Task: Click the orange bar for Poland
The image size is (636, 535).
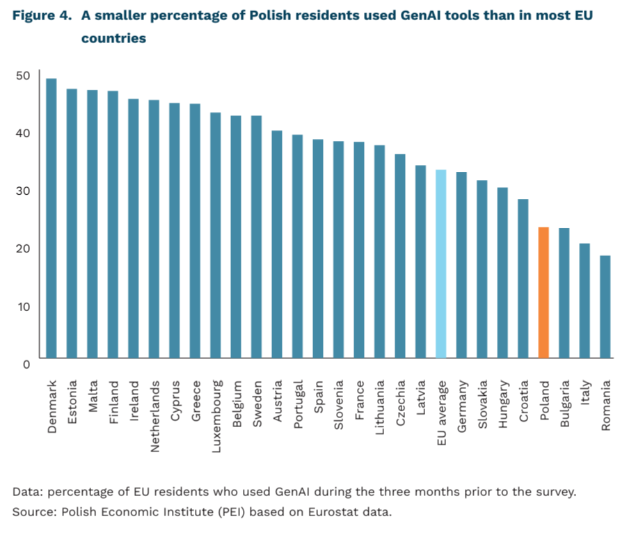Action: [x=543, y=292]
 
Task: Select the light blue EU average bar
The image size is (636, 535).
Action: [x=441, y=264]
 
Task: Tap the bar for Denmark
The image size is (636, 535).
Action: [x=51, y=218]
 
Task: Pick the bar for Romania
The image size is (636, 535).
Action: [x=605, y=307]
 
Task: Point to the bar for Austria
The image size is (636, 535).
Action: [x=277, y=244]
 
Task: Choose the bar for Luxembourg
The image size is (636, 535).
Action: [x=216, y=235]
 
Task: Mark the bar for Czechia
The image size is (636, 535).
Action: [x=400, y=256]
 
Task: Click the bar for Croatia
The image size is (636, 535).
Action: [x=523, y=279]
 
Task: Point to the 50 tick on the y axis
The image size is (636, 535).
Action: [x=23, y=76]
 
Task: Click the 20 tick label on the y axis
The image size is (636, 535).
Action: [x=23, y=248]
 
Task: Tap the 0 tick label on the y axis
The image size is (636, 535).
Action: [x=26, y=365]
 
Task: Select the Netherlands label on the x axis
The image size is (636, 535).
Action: [x=154, y=416]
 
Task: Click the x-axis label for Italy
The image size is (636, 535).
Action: [x=585, y=392]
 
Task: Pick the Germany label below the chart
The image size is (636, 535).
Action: [x=462, y=406]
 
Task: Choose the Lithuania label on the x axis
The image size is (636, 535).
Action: [x=379, y=407]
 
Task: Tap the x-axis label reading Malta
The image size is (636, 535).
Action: [x=93, y=396]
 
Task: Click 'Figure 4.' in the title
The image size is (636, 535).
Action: [x=42, y=15]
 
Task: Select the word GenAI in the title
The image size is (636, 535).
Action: [x=420, y=15]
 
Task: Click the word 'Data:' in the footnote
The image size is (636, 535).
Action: [x=28, y=492]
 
